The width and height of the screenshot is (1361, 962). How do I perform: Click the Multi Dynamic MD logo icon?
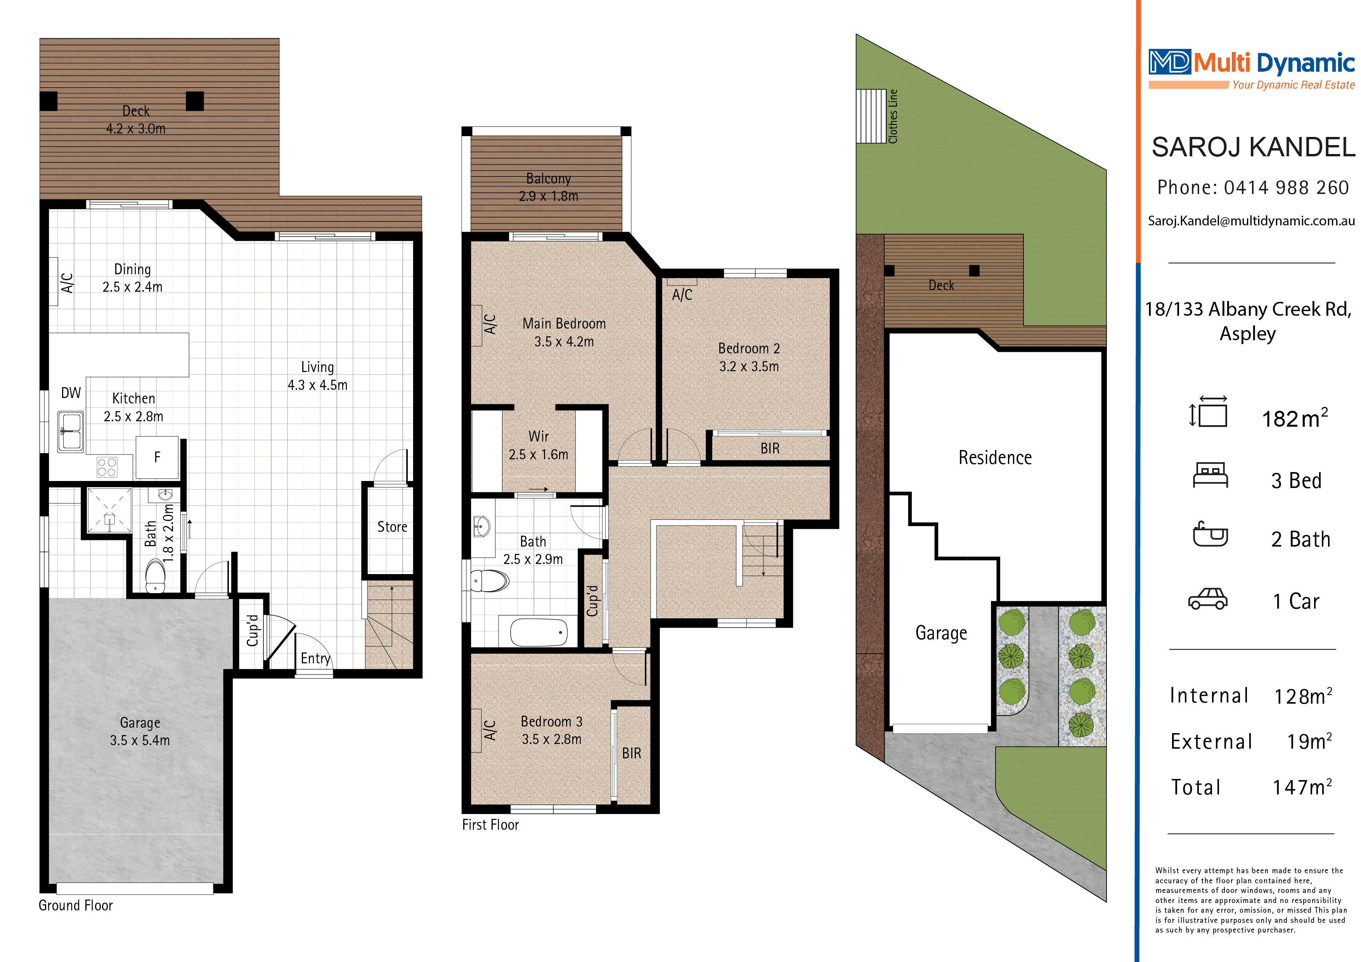point(1169,62)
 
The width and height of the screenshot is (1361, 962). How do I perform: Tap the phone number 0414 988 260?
point(1286,188)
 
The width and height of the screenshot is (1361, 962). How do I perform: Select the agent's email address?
point(1251,221)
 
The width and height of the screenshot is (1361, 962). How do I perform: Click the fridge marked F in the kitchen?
point(157,457)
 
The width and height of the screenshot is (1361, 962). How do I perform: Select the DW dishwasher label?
point(71,393)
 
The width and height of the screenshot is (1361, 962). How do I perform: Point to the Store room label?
point(392,527)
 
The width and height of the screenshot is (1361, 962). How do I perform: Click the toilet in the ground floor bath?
point(155,576)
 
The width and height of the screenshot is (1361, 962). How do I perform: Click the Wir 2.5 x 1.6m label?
point(538,446)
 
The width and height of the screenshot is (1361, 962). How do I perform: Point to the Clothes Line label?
point(893,116)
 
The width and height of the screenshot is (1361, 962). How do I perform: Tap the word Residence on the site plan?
point(995,458)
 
